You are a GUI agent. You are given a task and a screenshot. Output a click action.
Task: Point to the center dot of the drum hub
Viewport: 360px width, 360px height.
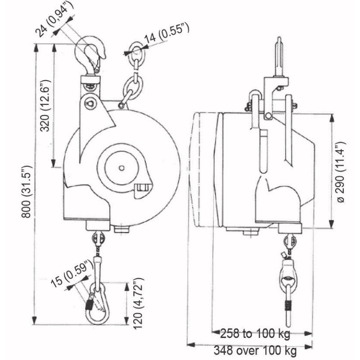[121, 168]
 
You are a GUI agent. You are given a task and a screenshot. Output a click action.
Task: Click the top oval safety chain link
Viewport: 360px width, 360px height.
[135, 49]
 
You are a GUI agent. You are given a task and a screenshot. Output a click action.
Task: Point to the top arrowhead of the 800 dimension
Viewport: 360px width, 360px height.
[35, 47]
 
